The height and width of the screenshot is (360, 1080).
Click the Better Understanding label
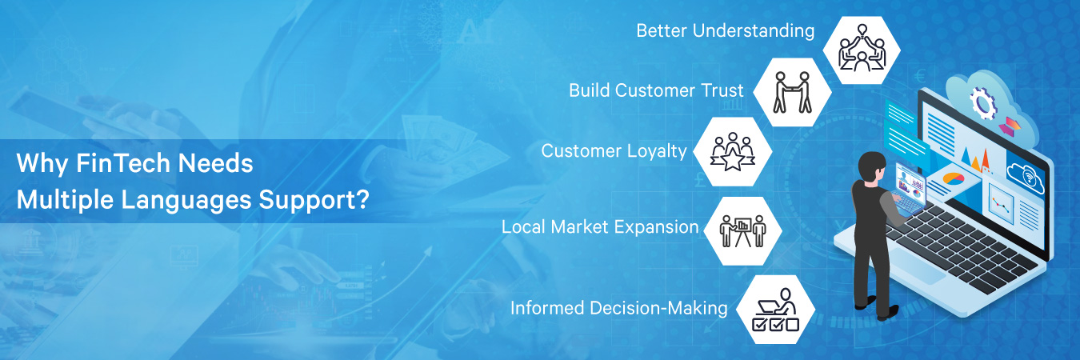(x=725, y=31)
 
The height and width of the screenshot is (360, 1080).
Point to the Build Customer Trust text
(x=656, y=90)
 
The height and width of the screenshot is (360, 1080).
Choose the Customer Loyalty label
(x=614, y=150)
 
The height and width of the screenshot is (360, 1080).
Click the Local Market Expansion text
(x=600, y=226)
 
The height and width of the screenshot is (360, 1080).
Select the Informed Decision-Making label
(x=618, y=307)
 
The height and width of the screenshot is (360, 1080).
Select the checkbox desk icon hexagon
(x=775, y=309)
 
